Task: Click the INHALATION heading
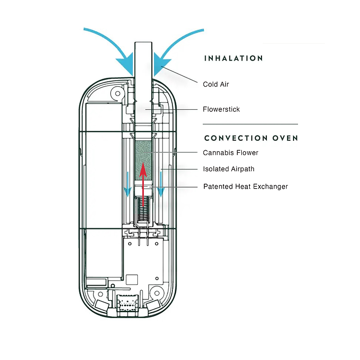(x=233, y=58)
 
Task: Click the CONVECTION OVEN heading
(x=251, y=138)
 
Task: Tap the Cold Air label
(x=216, y=84)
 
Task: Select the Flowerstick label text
(x=221, y=109)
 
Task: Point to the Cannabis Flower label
(x=230, y=153)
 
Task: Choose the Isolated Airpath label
(x=229, y=169)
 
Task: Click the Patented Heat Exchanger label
(x=246, y=187)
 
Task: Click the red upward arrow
(x=143, y=184)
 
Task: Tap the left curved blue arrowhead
(x=126, y=64)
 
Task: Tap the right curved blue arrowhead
(x=162, y=64)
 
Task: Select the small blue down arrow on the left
(x=128, y=184)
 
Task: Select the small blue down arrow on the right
(x=161, y=184)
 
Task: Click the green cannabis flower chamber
(x=143, y=160)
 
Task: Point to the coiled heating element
(x=143, y=209)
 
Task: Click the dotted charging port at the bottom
(x=128, y=303)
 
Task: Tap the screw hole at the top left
(x=118, y=94)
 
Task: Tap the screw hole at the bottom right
(x=157, y=293)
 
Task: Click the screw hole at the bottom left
(x=100, y=294)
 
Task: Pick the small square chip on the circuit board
(x=132, y=280)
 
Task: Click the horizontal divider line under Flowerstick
(x=250, y=124)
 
